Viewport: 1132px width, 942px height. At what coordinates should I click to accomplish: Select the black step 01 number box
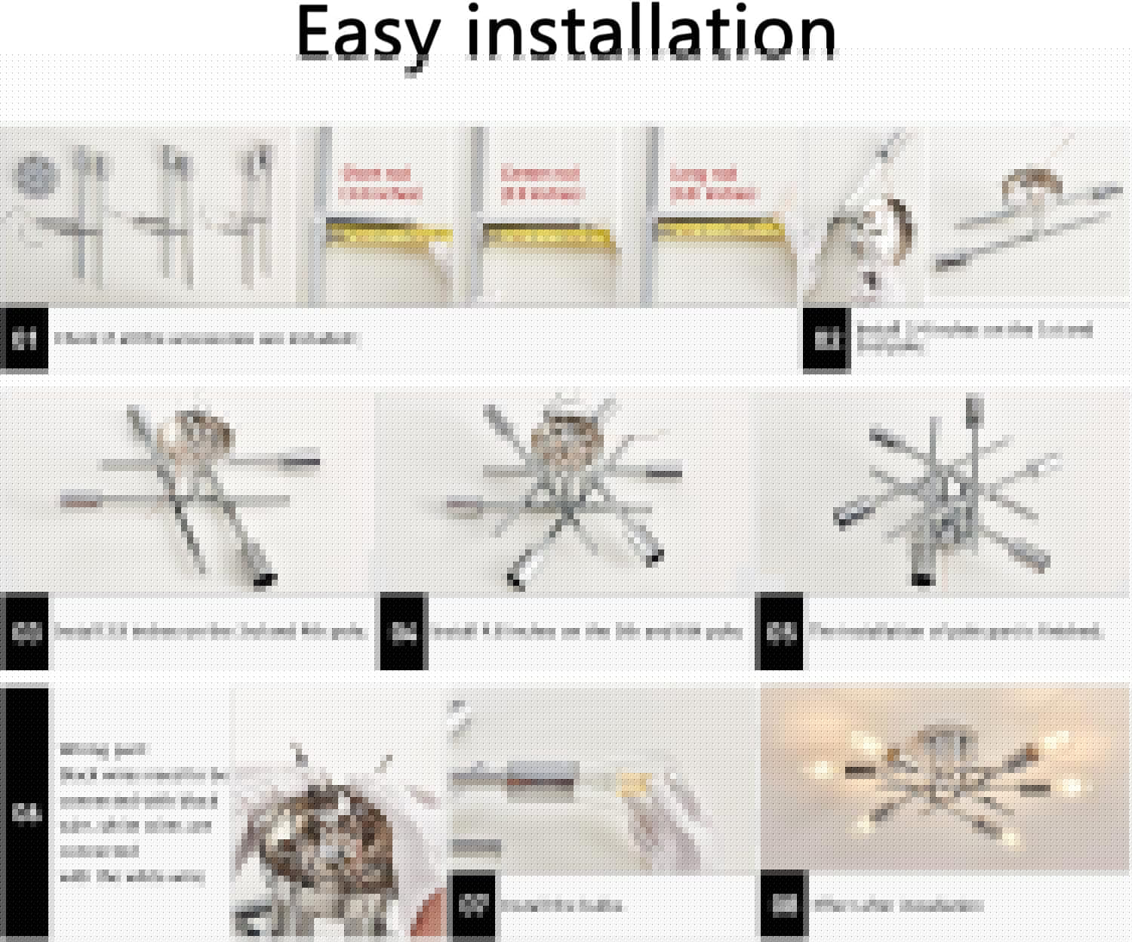[x=24, y=340]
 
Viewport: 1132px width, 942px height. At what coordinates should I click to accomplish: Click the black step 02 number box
[x=826, y=340]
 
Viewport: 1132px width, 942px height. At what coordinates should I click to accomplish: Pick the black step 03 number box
[x=24, y=633]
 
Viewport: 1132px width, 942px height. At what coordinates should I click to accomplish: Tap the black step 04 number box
[x=403, y=633]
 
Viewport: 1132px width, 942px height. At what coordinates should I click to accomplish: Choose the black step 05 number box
[x=778, y=633]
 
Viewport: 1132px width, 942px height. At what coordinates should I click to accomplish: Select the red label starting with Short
[x=380, y=183]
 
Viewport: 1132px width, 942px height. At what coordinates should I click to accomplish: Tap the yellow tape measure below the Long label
[x=717, y=229]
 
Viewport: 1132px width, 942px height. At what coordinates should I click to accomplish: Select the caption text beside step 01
[x=204, y=338]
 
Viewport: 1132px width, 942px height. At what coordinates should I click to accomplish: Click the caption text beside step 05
[x=955, y=631]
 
